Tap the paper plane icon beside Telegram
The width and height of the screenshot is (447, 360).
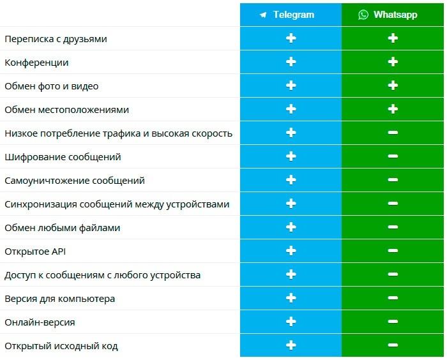tap(263, 15)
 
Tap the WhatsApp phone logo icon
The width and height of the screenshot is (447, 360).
tap(363, 15)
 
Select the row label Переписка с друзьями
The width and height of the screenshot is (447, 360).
tap(56, 39)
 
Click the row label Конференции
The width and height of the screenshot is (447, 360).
tap(36, 63)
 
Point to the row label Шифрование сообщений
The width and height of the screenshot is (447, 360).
tap(63, 157)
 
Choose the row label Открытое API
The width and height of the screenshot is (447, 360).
tap(35, 251)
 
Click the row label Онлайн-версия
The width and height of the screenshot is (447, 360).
tap(40, 322)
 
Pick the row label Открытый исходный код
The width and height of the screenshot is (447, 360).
tap(61, 346)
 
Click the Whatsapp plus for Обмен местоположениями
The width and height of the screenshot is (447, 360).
tap(393, 110)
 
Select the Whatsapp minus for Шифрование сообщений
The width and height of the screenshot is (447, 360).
tap(393, 157)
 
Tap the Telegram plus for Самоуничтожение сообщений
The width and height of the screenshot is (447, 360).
tap(291, 181)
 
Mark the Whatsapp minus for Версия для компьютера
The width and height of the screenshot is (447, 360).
tap(393, 299)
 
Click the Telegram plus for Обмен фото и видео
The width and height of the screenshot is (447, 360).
tap(291, 86)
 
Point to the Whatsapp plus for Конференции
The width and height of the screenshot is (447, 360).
tap(393, 63)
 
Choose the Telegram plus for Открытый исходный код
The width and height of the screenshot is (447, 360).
tap(291, 346)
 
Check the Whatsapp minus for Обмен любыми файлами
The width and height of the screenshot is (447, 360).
tap(393, 228)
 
